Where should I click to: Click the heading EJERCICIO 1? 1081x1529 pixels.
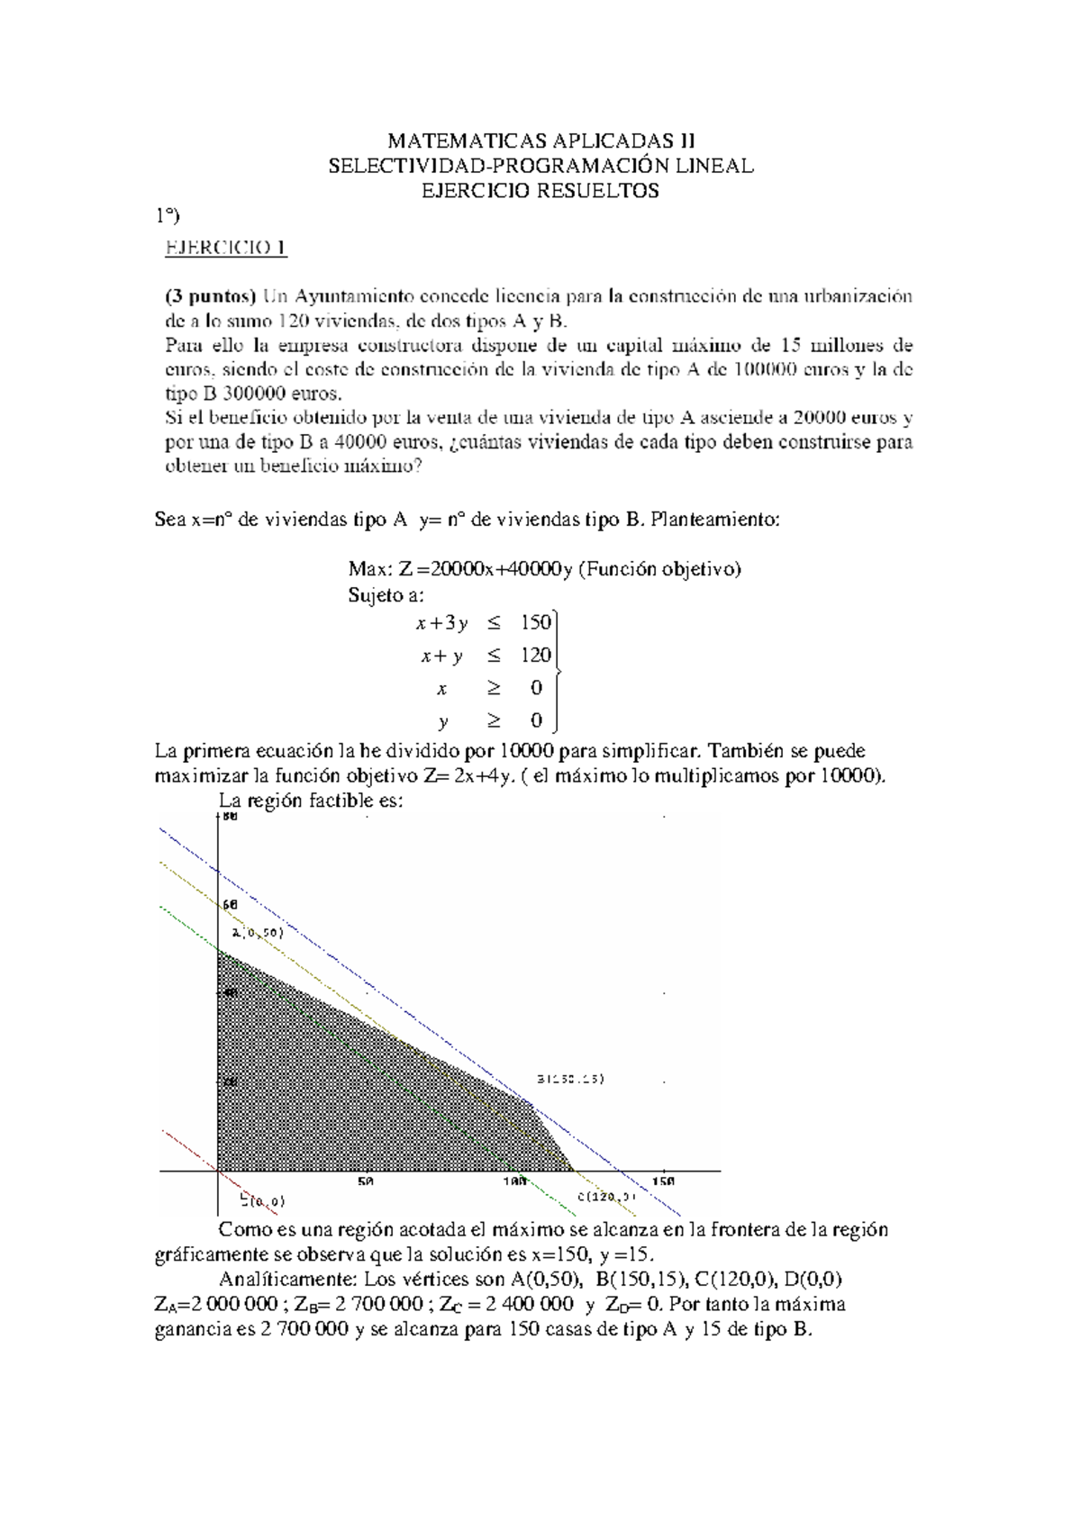coord(225,248)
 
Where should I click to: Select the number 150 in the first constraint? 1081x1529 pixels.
coord(535,622)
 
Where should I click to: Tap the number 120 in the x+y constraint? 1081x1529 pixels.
coord(535,656)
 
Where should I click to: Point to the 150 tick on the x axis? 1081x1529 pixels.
coord(662,1181)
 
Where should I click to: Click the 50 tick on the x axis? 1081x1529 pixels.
coord(365,1181)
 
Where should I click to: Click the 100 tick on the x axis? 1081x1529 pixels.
coord(514,1181)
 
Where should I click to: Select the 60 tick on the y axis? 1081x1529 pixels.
coord(229,904)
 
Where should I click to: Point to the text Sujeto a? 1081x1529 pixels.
coord(386,595)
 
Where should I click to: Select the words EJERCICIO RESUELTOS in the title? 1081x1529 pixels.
coord(540,190)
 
